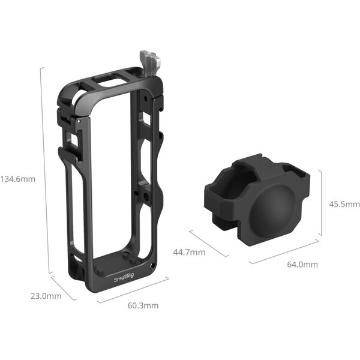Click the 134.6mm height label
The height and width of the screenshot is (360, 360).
click(x=18, y=179)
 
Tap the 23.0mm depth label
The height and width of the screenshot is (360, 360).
click(x=46, y=296)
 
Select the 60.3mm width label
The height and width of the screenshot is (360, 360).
click(x=143, y=305)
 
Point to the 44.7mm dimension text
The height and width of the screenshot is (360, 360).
click(x=190, y=252)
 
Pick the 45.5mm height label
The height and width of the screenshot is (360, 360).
click(x=344, y=204)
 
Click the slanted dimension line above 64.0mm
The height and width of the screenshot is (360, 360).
click(x=283, y=251)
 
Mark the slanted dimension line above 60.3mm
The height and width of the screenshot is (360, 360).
click(x=130, y=292)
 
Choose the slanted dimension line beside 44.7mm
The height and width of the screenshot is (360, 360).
click(x=208, y=242)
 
